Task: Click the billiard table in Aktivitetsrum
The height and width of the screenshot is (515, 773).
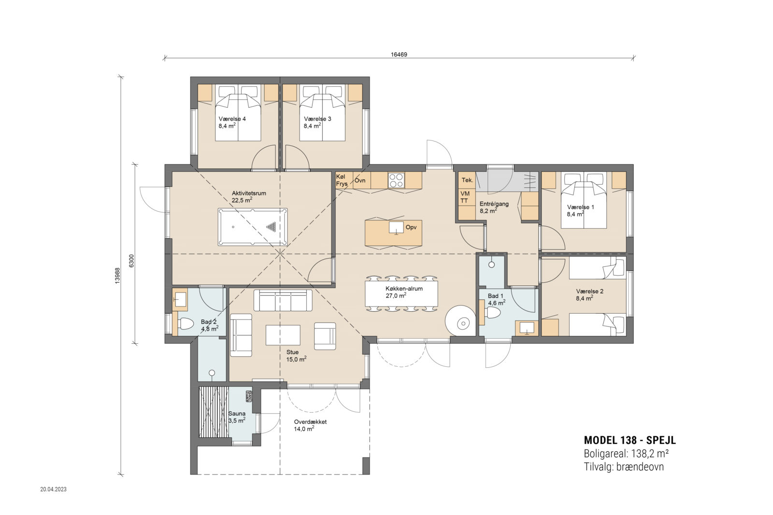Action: pos(253,227)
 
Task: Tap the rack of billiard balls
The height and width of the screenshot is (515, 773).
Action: pos(272,226)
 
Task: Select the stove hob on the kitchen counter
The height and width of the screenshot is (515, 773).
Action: pos(396,181)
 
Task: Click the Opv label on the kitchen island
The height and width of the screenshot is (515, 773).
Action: pos(411,227)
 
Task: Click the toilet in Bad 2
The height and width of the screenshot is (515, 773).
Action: pos(186,324)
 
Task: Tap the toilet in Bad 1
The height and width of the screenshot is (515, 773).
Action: pos(492,313)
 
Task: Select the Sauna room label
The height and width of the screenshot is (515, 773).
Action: pos(237,413)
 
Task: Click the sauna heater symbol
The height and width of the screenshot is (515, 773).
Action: pos(249,396)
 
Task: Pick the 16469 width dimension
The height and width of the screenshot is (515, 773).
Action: pos(399,55)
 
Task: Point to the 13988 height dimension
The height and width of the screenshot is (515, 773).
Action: pos(118,276)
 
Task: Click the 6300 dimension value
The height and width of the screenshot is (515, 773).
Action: pos(131,261)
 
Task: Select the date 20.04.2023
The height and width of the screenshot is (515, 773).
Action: pos(54,489)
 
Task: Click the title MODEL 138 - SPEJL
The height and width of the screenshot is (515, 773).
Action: pos(630,440)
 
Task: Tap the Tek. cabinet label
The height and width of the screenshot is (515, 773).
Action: pos(467,180)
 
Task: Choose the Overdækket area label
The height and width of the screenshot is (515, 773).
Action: pos(310,421)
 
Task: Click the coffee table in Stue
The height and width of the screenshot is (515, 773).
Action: pos(283,334)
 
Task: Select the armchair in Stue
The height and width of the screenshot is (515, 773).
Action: pos(325,336)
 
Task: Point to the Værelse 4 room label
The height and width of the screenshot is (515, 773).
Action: pos(232,119)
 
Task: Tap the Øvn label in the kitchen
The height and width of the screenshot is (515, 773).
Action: pos(360,181)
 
